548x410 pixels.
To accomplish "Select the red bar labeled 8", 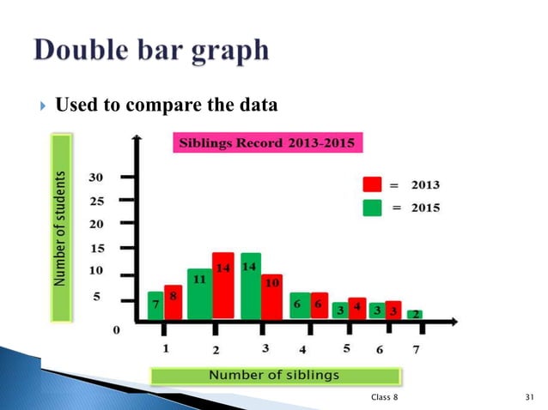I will (173, 302).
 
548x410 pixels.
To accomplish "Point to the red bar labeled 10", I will (271, 296).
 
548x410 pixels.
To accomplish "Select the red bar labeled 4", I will (356, 309).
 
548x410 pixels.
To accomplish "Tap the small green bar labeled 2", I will (414, 314).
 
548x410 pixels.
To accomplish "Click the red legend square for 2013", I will (372, 184).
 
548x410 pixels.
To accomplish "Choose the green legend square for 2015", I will (372, 207).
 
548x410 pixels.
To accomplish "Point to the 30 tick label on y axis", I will (95, 178).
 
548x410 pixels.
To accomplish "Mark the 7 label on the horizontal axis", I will (417, 351).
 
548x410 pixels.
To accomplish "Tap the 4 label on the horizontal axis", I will (302, 350).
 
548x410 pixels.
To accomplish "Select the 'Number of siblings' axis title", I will (275, 376).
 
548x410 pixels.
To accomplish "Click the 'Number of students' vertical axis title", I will (60, 227).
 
